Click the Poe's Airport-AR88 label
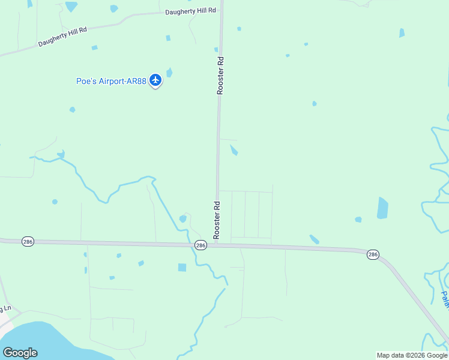click(111, 81)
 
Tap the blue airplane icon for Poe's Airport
click(156, 80)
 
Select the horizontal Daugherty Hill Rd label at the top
click(191, 11)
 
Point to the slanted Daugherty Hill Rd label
click(62, 38)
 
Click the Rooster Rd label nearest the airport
click(220, 75)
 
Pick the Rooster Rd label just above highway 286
click(217, 220)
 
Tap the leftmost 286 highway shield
click(28, 241)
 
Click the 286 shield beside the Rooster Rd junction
click(200, 245)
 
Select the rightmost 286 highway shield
click(373, 254)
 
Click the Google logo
click(20, 353)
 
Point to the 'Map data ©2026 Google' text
click(412, 355)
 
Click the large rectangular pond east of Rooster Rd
click(382, 208)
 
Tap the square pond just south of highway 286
click(182, 267)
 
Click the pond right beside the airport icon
click(169, 73)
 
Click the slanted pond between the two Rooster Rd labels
click(234, 149)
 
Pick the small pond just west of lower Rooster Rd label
click(182, 219)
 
